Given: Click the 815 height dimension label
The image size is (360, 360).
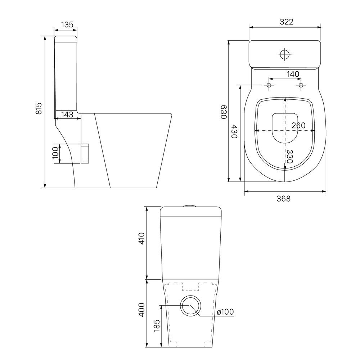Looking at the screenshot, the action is [x=39, y=108].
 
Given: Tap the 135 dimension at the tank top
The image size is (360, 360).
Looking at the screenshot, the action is [x=67, y=24].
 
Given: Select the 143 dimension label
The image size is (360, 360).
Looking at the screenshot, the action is [x=67, y=114].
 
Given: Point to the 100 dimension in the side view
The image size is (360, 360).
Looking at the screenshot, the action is [x=55, y=153].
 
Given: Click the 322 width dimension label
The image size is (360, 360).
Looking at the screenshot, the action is [x=287, y=22].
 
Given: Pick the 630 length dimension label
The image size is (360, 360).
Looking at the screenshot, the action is [x=224, y=112].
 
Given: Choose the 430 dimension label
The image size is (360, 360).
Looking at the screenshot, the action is [x=234, y=131].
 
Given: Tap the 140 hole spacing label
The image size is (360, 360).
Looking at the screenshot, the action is [x=293, y=74].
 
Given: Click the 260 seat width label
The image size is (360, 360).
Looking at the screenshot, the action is [x=298, y=125].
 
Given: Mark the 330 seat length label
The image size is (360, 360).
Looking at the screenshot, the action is [x=290, y=156].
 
